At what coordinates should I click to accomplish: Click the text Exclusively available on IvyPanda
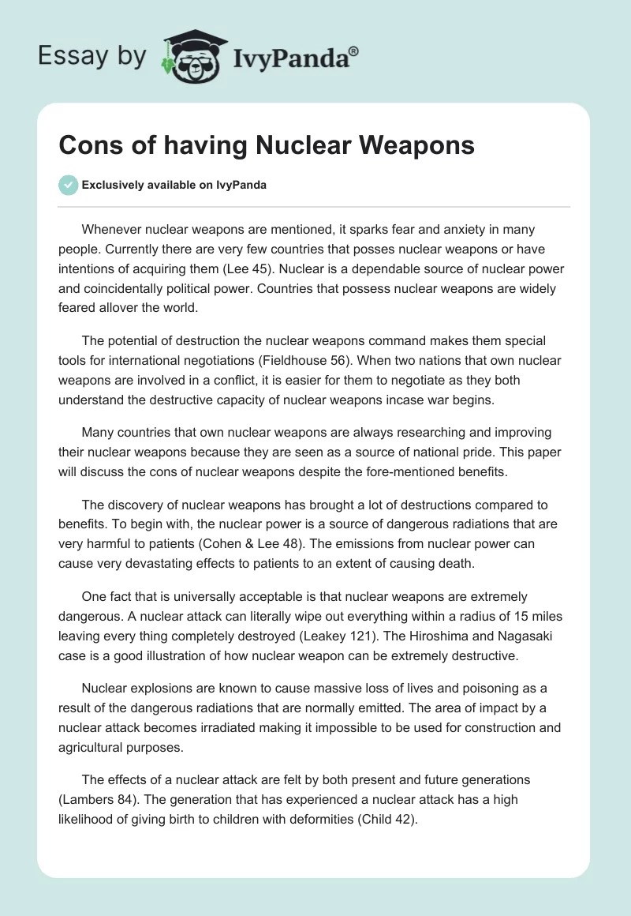click(x=174, y=185)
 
